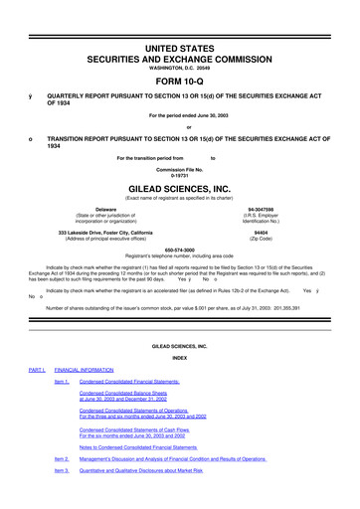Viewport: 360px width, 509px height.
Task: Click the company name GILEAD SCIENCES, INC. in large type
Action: (x=179, y=185)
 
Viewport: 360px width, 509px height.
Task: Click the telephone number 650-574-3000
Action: (x=179, y=250)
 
